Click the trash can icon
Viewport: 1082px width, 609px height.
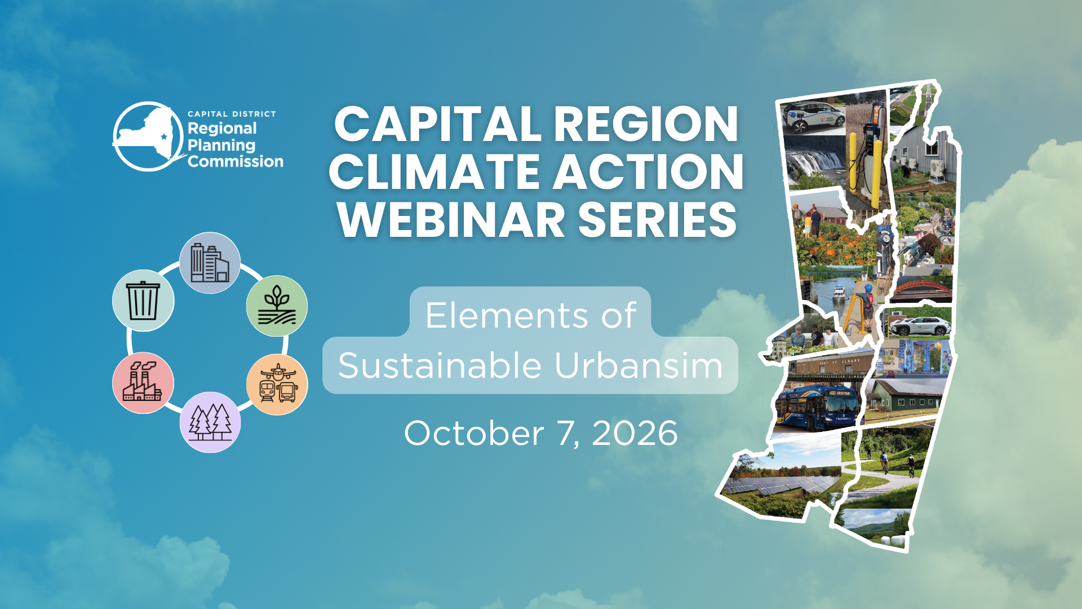tap(143, 301)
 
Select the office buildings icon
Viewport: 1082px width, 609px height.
tap(210, 263)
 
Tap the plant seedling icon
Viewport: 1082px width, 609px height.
tap(277, 306)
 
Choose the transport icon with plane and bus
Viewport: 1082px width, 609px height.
tap(277, 385)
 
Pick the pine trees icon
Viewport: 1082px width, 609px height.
tap(210, 422)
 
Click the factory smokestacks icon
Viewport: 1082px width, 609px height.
tap(143, 383)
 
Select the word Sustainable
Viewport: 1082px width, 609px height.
tap(440, 365)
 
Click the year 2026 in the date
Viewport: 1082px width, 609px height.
tap(635, 433)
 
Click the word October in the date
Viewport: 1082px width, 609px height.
tap(474, 433)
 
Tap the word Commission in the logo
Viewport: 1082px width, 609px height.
tap(236, 162)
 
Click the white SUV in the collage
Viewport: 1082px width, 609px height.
tap(920, 326)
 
